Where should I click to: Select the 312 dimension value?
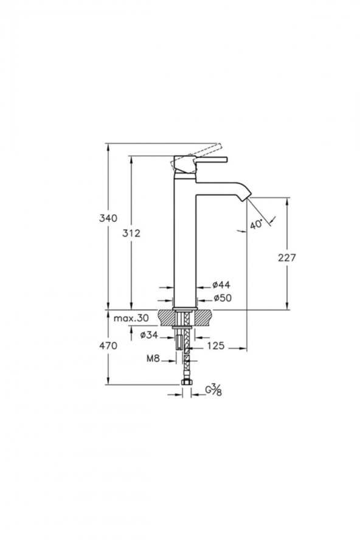click(x=132, y=233)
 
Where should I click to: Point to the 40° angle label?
click(x=256, y=224)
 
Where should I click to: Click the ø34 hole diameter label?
click(x=149, y=334)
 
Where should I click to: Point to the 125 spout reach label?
click(x=215, y=345)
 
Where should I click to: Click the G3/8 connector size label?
click(x=213, y=390)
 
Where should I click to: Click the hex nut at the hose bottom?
click(x=186, y=381)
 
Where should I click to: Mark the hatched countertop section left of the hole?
click(x=167, y=317)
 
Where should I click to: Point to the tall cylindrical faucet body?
click(x=185, y=243)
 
